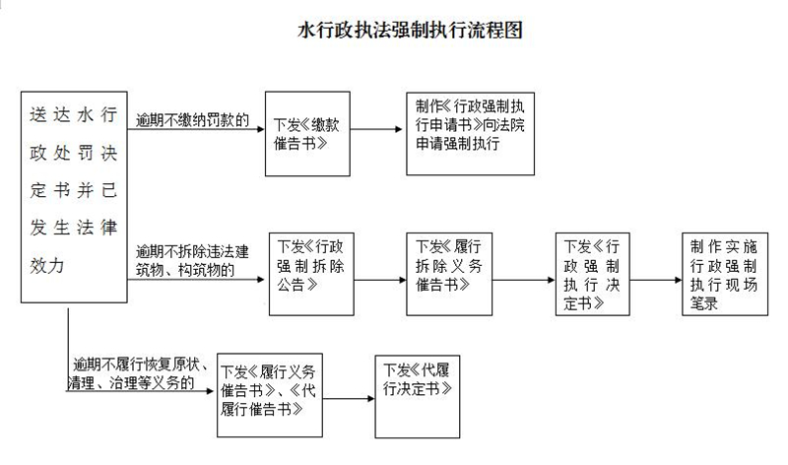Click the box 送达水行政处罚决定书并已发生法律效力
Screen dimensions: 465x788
75,197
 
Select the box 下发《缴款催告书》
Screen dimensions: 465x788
305,134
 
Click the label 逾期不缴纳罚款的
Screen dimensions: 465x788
192,121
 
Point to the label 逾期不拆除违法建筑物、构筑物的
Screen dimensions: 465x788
193,257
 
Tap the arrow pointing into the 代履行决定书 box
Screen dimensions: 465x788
350,398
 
